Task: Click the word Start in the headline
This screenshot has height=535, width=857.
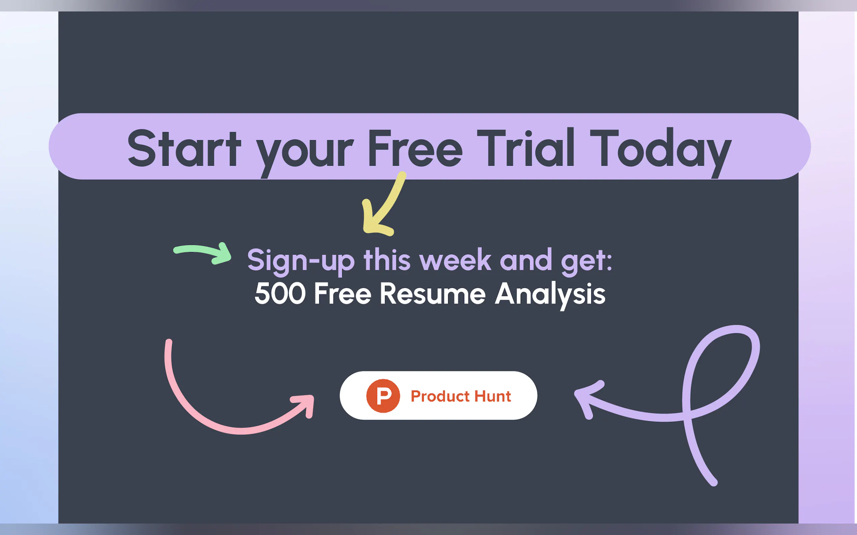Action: point(184,148)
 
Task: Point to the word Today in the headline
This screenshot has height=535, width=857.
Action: point(661,152)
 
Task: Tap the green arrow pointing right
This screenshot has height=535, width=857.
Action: point(202,253)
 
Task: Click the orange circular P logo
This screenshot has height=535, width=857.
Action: point(383,396)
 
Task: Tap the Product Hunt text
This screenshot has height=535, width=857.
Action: point(461,396)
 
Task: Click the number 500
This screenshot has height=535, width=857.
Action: point(280,293)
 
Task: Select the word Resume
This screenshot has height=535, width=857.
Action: point(433,293)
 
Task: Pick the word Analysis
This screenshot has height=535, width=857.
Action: point(550,296)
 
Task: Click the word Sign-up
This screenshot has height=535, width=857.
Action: point(301,262)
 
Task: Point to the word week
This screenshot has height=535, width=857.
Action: point(455,260)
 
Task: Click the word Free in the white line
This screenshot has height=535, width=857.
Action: point(342,293)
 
